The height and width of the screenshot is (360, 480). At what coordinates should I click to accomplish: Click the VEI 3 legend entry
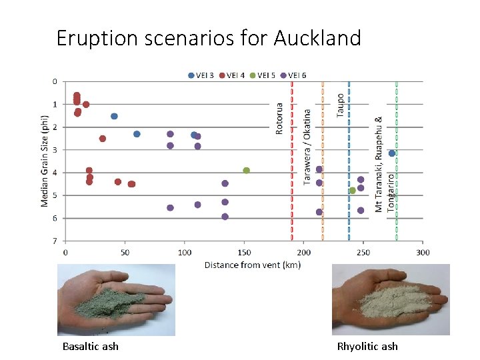pyautogui.click(x=202, y=75)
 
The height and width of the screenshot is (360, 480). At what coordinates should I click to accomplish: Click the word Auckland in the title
pyautogui.click(x=317, y=38)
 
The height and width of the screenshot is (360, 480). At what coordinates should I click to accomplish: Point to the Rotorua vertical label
pyautogui.click(x=279, y=118)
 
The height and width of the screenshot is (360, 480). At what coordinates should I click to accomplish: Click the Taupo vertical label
pyautogui.click(x=341, y=105)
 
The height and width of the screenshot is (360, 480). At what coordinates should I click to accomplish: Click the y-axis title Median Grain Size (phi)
pyautogui.click(x=45, y=161)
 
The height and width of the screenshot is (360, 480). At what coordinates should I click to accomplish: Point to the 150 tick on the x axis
pyautogui.click(x=244, y=252)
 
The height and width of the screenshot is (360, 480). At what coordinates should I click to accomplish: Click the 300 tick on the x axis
pyautogui.click(x=423, y=252)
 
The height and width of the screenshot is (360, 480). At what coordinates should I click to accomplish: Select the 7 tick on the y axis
pyautogui.click(x=55, y=241)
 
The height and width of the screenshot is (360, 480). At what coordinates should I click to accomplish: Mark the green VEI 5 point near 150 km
pyautogui.click(x=246, y=171)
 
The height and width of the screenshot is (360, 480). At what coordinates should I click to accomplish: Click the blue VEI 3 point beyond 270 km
pyautogui.click(x=392, y=153)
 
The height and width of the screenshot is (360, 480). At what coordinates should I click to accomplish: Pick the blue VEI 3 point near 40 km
pyautogui.click(x=114, y=116)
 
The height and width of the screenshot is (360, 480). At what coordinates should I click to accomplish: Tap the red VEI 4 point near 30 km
pyautogui.click(x=103, y=139)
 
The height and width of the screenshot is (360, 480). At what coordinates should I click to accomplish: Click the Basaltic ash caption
pyautogui.click(x=91, y=346)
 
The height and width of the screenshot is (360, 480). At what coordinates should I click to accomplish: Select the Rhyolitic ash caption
pyautogui.click(x=367, y=346)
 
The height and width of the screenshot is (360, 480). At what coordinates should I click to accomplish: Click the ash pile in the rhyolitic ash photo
pyautogui.click(x=387, y=300)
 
